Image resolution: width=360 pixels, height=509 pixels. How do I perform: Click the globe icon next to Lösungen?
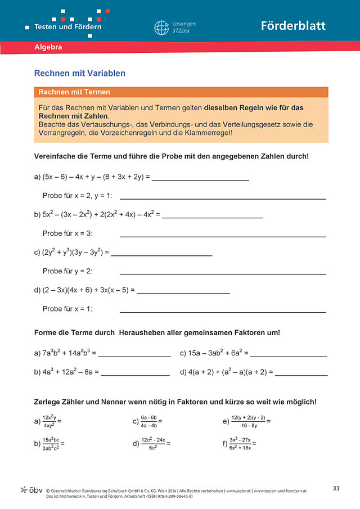[161, 27]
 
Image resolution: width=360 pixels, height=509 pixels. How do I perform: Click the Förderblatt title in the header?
[292, 26]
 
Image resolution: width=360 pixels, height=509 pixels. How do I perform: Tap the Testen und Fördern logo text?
[68, 26]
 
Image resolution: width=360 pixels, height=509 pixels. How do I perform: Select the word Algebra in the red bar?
[48, 47]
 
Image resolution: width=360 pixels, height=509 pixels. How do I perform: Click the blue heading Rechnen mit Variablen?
[80, 73]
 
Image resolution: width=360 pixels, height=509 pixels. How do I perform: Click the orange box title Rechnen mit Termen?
[74, 92]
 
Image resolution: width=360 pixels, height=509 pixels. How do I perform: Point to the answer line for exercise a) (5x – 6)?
[200, 179]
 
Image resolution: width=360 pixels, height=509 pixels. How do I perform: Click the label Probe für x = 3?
[67, 233]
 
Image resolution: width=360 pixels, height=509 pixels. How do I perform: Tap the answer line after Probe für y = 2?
[223, 273]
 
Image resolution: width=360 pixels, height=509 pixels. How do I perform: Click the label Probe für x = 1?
[67, 309]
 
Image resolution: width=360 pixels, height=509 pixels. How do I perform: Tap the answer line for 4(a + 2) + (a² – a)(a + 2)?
[301, 375]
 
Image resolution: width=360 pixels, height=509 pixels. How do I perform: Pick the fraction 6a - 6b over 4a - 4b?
[148, 421]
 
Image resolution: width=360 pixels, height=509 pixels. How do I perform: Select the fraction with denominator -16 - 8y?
[248, 421]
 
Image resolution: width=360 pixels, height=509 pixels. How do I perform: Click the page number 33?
[336, 488]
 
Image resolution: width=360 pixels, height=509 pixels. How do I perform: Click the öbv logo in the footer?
[31, 490]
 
